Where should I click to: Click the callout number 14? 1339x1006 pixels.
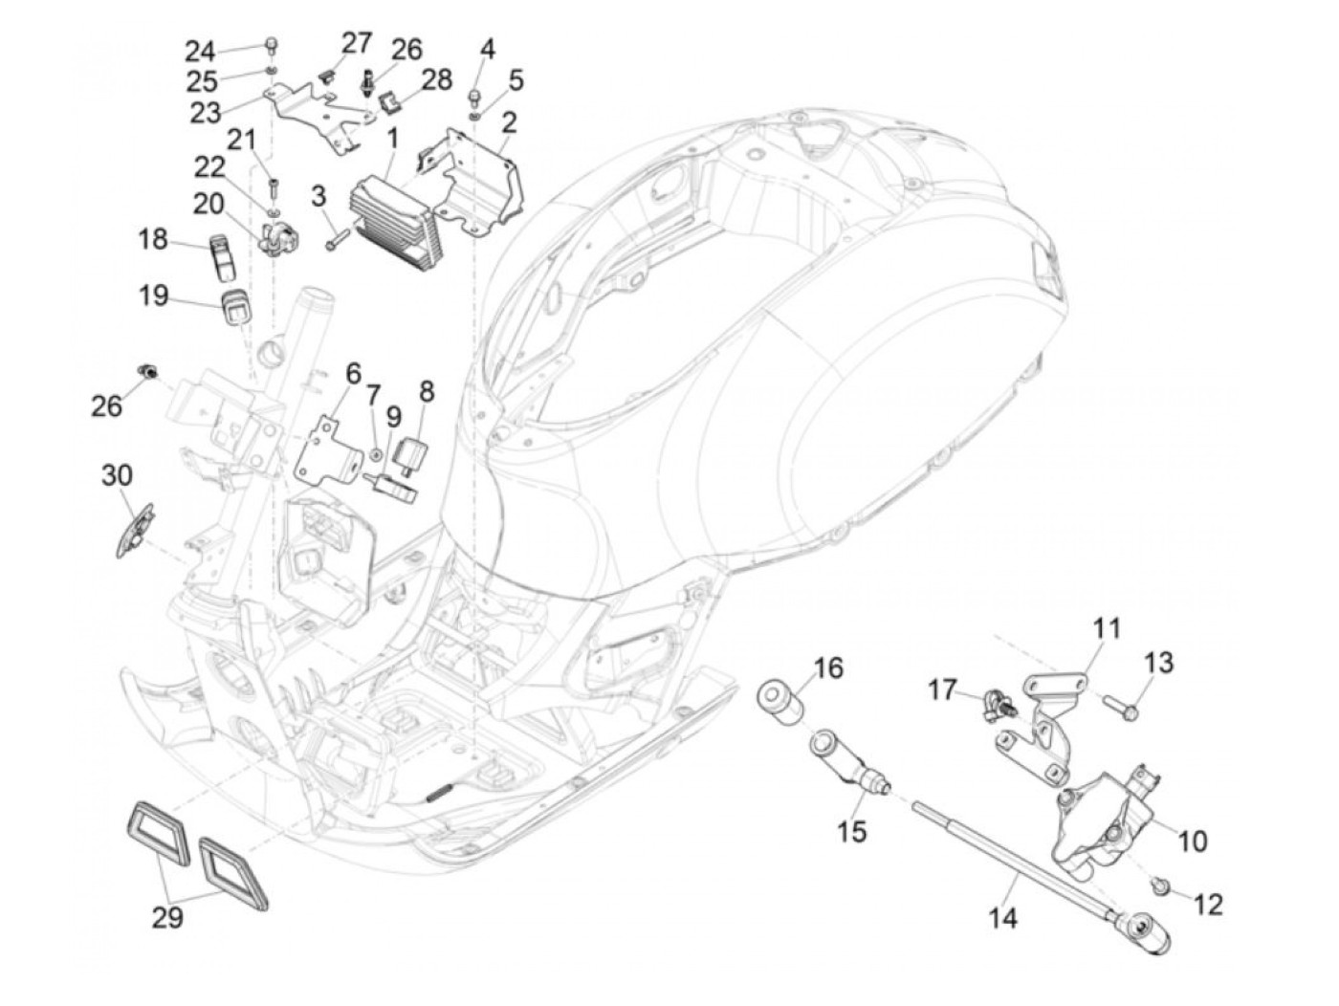pyautogui.click(x=1002, y=919)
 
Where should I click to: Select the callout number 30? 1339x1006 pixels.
pyautogui.click(x=119, y=475)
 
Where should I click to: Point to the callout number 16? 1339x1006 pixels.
pyautogui.click(x=829, y=667)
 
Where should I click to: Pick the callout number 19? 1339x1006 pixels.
pyautogui.click(x=153, y=296)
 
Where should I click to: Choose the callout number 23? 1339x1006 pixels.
pyautogui.click(x=205, y=113)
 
